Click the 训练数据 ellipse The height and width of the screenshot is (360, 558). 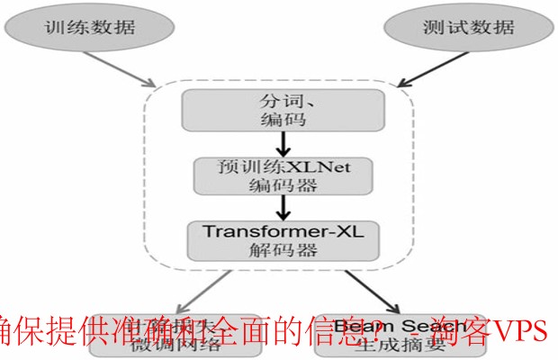pos(89,28)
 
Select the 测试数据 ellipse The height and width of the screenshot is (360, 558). pos(460,28)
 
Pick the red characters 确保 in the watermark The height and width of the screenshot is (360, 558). pos(27,330)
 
